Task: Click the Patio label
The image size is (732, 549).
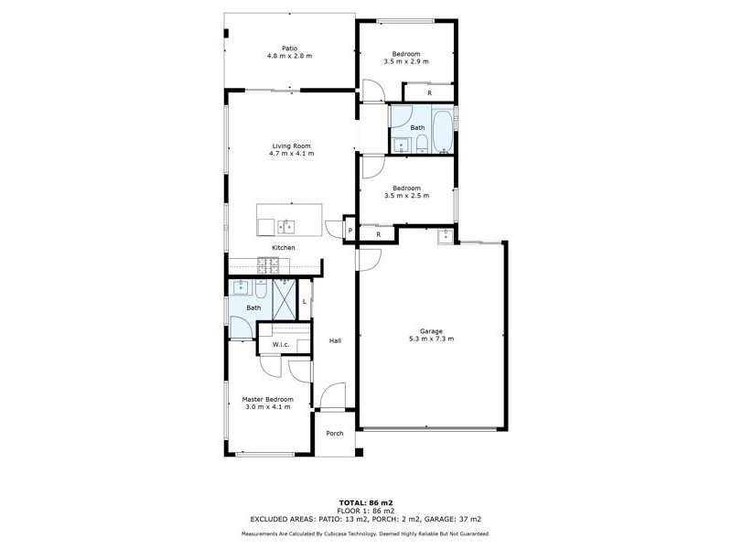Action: point(289,47)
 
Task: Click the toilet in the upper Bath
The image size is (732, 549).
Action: point(420,145)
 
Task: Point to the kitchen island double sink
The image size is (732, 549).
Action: point(287,227)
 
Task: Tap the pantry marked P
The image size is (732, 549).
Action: point(349,231)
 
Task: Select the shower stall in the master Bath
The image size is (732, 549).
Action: point(285,299)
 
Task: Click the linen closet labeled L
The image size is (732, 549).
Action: point(305,300)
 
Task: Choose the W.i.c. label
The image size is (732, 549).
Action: point(280,345)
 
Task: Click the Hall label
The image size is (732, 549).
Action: point(335,340)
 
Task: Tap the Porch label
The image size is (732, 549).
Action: point(335,433)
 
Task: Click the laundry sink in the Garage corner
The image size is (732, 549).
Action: point(446,238)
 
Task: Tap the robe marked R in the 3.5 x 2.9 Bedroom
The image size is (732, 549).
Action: point(429,92)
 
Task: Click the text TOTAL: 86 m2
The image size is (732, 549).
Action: point(366,503)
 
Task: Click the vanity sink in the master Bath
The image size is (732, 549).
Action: point(242,287)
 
